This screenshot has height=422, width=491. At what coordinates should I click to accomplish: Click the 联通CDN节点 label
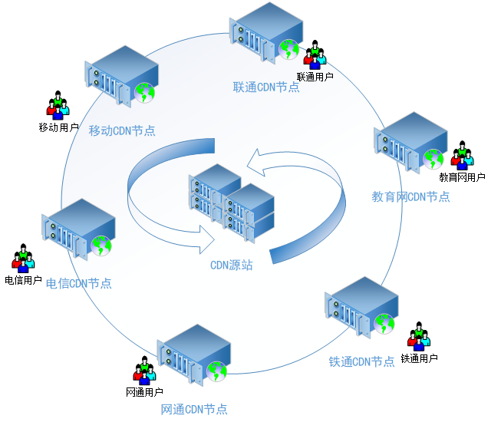tap(266, 87)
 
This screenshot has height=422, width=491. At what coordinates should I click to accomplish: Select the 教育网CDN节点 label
tap(411, 196)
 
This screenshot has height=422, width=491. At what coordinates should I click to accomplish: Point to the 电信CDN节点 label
tap(79, 283)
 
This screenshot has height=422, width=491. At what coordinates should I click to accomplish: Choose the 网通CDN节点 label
tap(194, 409)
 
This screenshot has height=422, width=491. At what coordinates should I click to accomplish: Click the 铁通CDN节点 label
tap(362, 361)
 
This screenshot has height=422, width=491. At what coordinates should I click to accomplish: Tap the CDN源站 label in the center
tap(232, 265)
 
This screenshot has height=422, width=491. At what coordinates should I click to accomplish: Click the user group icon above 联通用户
tap(315, 54)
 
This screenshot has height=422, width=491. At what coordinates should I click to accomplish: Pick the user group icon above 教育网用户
tap(461, 156)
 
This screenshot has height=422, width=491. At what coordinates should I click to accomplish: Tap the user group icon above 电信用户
tap(23, 259)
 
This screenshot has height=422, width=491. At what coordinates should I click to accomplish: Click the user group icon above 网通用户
tap(144, 371)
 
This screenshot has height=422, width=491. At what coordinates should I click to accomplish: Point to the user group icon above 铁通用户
tap(419, 336)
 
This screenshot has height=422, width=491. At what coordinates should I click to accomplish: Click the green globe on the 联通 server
tap(288, 50)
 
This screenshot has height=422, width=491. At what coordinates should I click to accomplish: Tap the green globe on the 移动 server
tap(144, 92)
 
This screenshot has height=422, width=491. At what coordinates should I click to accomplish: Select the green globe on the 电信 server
tap(101, 246)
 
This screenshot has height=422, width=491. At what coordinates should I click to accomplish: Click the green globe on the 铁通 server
tap(384, 323)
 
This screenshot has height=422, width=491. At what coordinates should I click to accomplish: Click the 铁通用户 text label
tap(420, 358)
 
